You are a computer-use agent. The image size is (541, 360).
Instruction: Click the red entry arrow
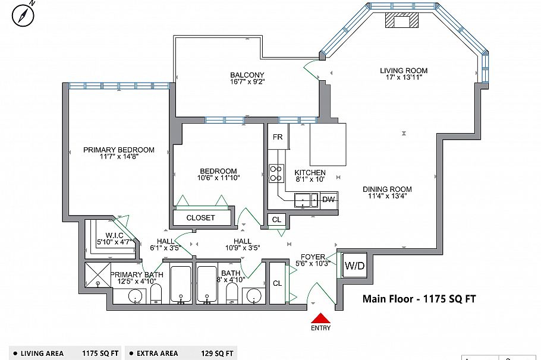pyautogui.click(x=321, y=318)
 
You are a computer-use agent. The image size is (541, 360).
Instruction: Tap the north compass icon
pyautogui.click(x=23, y=15)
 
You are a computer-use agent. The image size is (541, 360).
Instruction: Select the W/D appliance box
pyautogui.click(x=354, y=266)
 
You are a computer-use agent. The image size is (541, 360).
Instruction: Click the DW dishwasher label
pyautogui.click(x=328, y=200)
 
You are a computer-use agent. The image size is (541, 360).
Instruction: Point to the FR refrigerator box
pyautogui.click(x=278, y=137)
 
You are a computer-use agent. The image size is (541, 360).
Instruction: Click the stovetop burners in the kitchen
pyautogui.click(x=276, y=173)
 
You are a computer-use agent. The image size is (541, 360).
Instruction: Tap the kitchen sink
pyautogui.click(x=306, y=200)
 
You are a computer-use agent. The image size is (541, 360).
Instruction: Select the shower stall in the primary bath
pyautogui.click(x=97, y=275)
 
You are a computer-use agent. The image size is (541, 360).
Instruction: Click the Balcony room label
pyautogui.click(x=247, y=75)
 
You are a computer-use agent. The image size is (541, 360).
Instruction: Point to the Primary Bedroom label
pyautogui.click(x=119, y=150)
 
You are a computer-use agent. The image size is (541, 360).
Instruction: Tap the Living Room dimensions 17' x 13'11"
pyautogui.click(x=404, y=78)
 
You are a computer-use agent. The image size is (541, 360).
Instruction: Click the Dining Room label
pyautogui.click(x=387, y=190)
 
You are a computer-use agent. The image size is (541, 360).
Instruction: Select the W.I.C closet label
pyautogui.click(x=115, y=235)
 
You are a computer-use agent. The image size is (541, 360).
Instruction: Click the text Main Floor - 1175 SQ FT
pyautogui.click(x=419, y=299)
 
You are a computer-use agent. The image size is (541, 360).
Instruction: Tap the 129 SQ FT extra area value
pyautogui.click(x=217, y=353)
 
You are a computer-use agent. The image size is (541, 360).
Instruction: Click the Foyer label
pyautogui.click(x=313, y=257)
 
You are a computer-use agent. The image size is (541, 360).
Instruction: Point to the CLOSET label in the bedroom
pyautogui.click(x=200, y=218)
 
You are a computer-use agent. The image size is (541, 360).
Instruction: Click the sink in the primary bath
pyautogui.click(x=136, y=296)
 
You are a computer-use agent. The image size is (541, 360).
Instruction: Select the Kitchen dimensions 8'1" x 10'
pyautogui.click(x=310, y=179)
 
